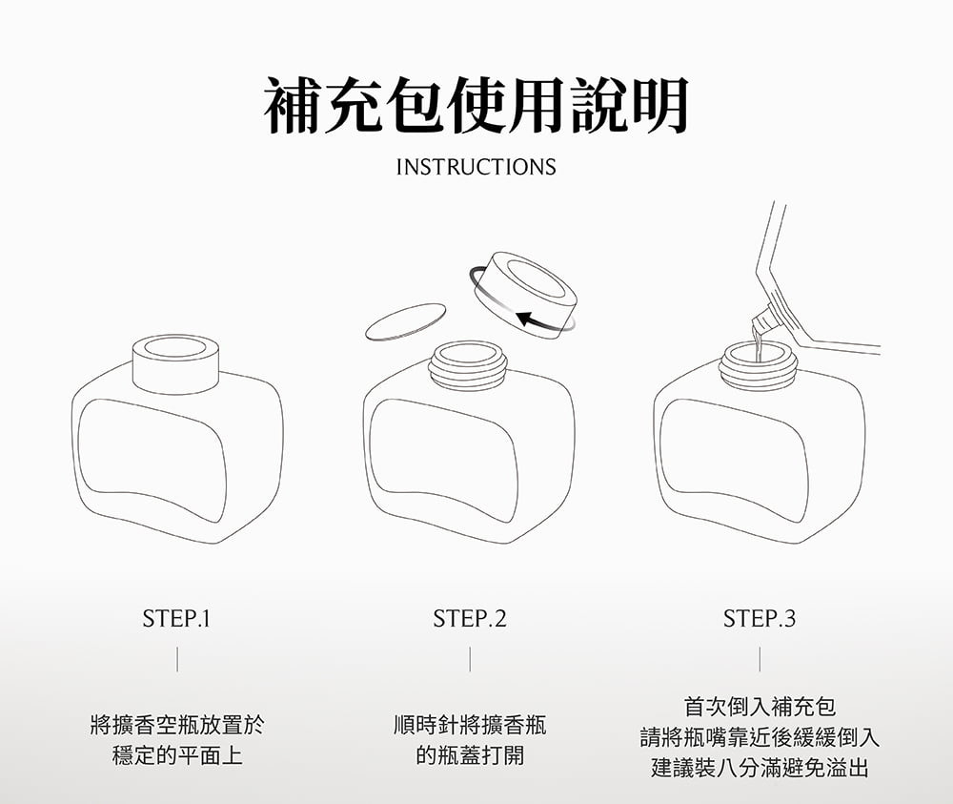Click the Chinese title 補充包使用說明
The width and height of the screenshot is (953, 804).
pyautogui.click(x=476, y=105)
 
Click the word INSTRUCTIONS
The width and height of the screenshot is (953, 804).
pyautogui.click(x=476, y=167)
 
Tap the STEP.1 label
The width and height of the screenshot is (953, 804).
pyautogui.click(x=176, y=619)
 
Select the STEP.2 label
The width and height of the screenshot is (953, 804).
pyautogui.click(x=469, y=619)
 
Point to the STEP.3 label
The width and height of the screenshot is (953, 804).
pyautogui.click(x=760, y=619)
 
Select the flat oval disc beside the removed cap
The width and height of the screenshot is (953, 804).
pyautogui.click(x=405, y=321)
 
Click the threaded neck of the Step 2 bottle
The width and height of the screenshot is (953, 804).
pyautogui.click(x=468, y=365)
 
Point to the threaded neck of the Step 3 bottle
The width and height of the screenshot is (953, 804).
pyautogui.click(x=759, y=365)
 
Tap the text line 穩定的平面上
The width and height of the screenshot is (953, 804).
pyautogui.click(x=177, y=756)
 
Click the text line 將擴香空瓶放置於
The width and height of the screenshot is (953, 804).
pyautogui.click(x=177, y=725)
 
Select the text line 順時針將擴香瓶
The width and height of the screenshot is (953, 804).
pyautogui.click(x=470, y=725)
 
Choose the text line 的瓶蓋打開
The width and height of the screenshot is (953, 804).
pyautogui.click(x=470, y=756)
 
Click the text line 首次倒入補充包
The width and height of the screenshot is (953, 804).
pyautogui.click(x=760, y=707)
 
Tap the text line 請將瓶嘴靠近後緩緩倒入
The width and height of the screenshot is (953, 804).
pyautogui.click(x=760, y=737)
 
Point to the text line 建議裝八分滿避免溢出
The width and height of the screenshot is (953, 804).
pyautogui.click(x=760, y=768)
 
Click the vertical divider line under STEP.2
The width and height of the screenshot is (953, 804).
pyautogui.click(x=470, y=659)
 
